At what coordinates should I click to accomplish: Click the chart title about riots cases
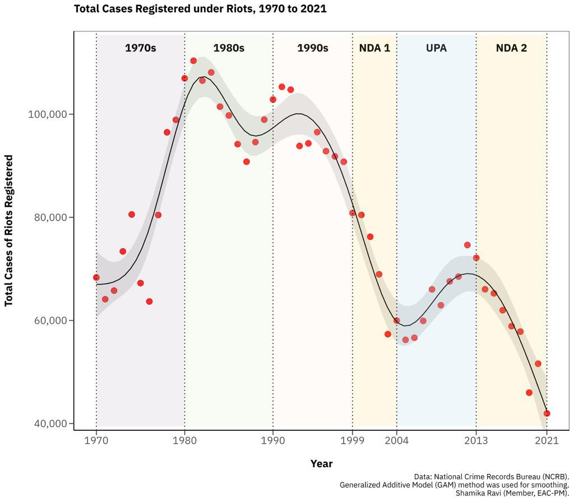200,9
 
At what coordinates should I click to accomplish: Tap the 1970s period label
140,48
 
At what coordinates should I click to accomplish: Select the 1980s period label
229,48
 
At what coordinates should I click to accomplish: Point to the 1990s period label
312,48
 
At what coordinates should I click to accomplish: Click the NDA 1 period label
374,48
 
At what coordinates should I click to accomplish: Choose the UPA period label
436,48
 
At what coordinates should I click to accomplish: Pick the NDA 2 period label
511,48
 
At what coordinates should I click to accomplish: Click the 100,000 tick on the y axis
47,114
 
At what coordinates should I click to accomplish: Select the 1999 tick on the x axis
353,440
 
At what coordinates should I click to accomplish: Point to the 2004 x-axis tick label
397,440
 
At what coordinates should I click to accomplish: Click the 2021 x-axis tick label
547,440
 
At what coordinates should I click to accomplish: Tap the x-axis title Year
321,464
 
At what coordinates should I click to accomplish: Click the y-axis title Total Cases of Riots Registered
9,230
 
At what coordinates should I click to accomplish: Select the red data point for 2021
547,413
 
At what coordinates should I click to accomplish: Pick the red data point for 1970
96,277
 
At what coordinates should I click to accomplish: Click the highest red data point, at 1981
193,61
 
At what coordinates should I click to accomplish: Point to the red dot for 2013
476,258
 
